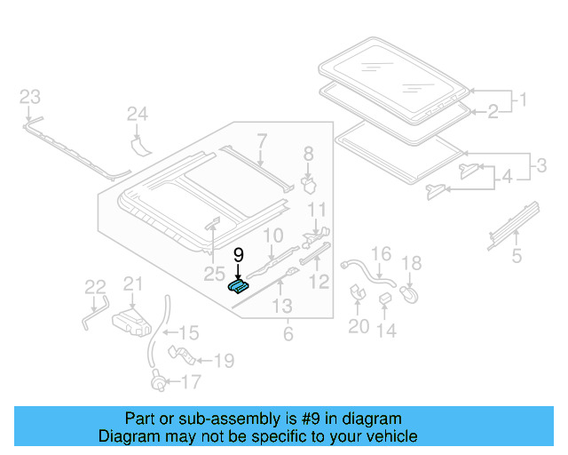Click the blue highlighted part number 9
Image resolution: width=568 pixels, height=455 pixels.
tap(237, 283)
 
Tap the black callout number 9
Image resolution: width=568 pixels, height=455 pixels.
tap(238, 254)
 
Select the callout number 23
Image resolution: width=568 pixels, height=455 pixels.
tap(30, 96)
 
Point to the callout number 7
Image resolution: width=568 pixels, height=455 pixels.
tap(262, 140)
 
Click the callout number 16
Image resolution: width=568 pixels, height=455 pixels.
tap(380, 254)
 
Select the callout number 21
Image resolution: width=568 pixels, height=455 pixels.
tap(132, 283)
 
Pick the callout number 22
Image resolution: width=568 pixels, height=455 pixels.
tap(95, 286)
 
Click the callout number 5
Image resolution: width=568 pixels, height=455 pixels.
tap(517, 259)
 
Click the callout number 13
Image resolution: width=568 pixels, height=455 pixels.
tap(281, 307)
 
